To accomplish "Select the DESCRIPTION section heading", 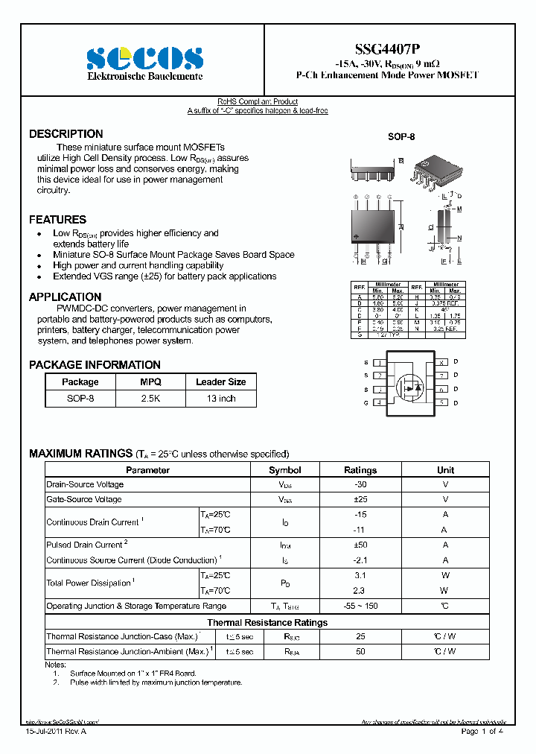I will pyautogui.click(x=66, y=134).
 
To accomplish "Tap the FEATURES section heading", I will pyautogui.click(x=57, y=220).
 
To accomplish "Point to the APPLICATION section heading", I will pyautogui.click(x=65, y=297).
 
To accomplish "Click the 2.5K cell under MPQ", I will pyautogui.click(x=150, y=399).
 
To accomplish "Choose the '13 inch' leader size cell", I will pyautogui.click(x=221, y=399).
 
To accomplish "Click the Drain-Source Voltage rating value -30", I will pyautogui.click(x=360, y=484).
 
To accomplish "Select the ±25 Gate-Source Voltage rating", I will pyautogui.click(x=360, y=499).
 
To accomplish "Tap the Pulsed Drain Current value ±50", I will pyautogui.click(x=360, y=545).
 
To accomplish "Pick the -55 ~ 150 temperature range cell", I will pyautogui.click(x=360, y=606).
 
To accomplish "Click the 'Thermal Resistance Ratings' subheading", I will pyautogui.click(x=267, y=622).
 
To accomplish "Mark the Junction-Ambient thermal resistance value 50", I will pyautogui.click(x=360, y=651).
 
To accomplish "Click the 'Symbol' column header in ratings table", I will pyautogui.click(x=284, y=470).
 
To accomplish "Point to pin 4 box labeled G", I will pyautogui.click(x=379, y=403).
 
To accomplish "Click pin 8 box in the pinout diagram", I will pyautogui.click(x=441, y=362).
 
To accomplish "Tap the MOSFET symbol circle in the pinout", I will pyautogui.click(x=409, y=385).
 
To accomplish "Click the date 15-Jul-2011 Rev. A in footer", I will pyautogui.click(x=57, y=732).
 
